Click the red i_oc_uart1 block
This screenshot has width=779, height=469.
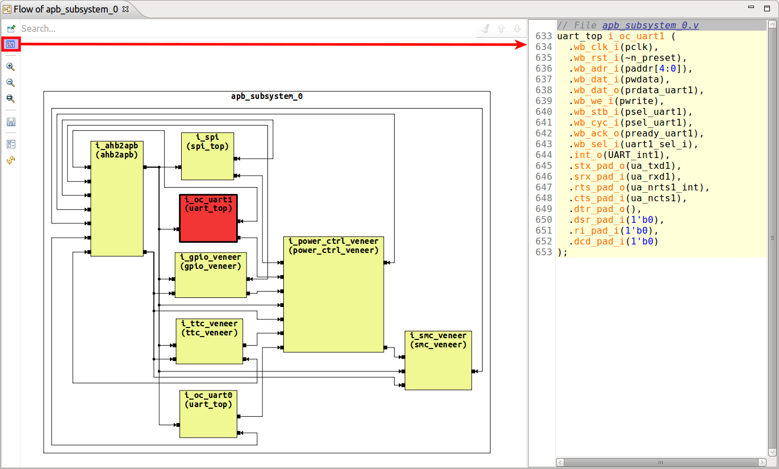pyautogui.click(x=208, y=219)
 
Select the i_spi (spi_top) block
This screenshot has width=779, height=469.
pyautogui.click(x=207, y=156)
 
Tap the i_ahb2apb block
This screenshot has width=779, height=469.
pyautogui.click(x=116, y=199)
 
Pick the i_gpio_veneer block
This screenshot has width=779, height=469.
pyautogui.click(x=211, y=275)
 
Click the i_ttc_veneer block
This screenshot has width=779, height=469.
pyautogui.click(x=209, y=341)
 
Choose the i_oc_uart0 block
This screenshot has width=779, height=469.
pyautogui.click(x=208, y=414)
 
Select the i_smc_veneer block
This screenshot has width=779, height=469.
pyautogui.click(x=438, y=360)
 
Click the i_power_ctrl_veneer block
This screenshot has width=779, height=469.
pyautogui.click(x=333, y=294)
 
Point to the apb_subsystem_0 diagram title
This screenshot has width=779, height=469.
pyautogui.click(x=266, y=96)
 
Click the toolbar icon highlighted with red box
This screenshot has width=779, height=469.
pyautogui.click(x=11, y=44)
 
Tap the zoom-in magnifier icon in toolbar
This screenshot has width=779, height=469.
pyautogui.click(x=10, y=67)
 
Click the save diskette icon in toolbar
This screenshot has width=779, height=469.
pyautogui.click(x=10, y=122)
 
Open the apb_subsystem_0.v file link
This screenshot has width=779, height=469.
pyautogui.click(x=650, y=26)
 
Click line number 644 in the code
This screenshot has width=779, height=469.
pyautogui.click(x=543, y=155)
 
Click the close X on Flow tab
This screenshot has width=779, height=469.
pyautogui.click(x=126, y=9)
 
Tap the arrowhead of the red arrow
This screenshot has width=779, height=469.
pyautogui.click(x=522, y=44)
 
